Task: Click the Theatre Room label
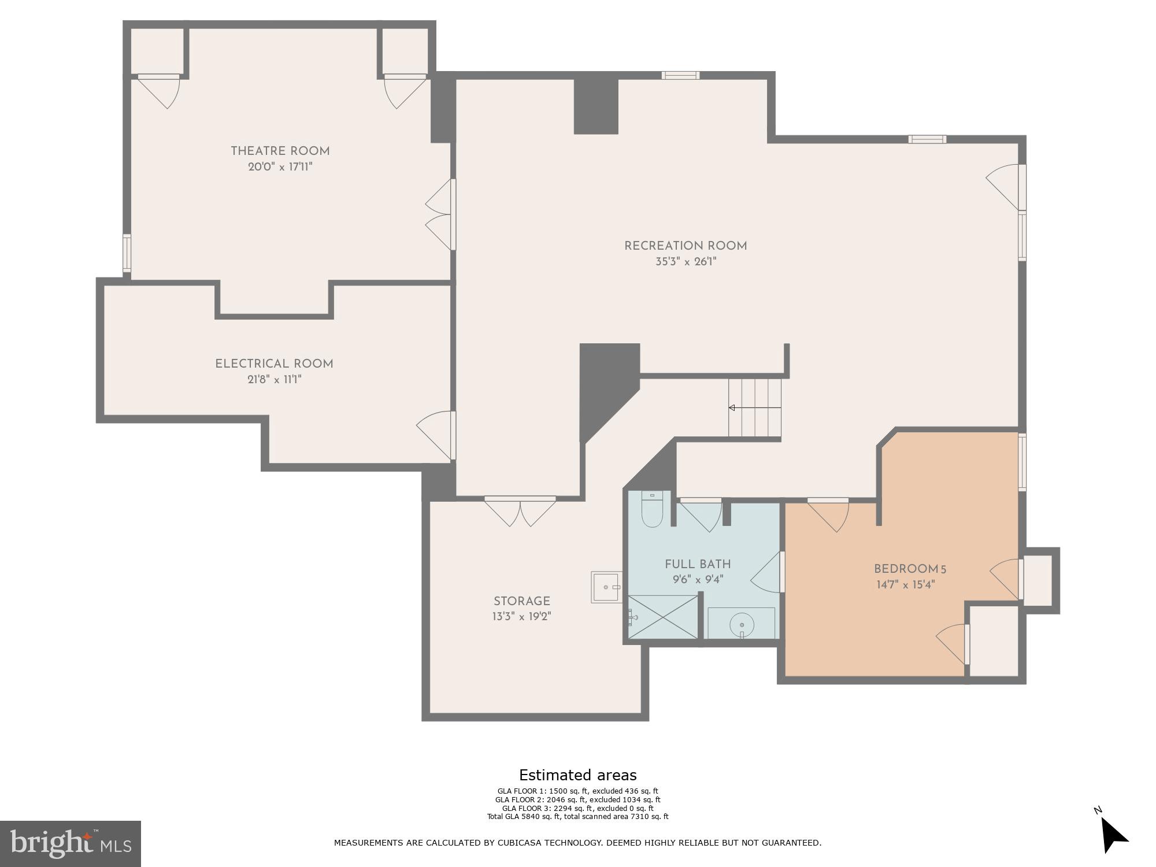tap(280, 151)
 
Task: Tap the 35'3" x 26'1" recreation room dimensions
tap(686, 262)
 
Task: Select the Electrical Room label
tap(274, 364)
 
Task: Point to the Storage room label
tap(521, 601)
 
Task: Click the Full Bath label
tap(698, 565)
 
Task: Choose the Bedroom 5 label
tap(909, 569)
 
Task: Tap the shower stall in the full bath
tap(663, 617)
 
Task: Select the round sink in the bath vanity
tap(742, 624)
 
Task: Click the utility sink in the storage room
tap(606, 587)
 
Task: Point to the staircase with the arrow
tap(754, 408)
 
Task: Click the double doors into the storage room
tap(520, 511)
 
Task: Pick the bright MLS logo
tap(70, 843)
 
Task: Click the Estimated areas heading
tap(577, 775)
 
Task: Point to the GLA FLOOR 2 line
tap(577, 800)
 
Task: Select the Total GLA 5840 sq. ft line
tap(577, 817)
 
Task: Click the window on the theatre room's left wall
tap(127, 253)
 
